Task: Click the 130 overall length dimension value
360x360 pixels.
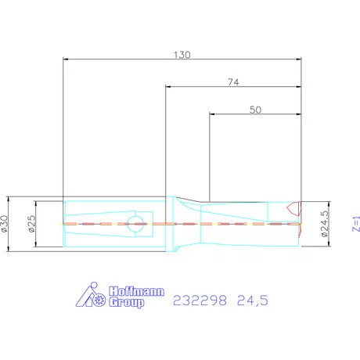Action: pyautogui.click(x=182, y=55)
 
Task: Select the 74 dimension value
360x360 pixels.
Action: pyautogui.click(x=233, y=82)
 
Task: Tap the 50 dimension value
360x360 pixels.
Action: pyautogui.click(x=255, y=110)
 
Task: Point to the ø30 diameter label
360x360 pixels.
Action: pyautogui.click(x=5, y=224)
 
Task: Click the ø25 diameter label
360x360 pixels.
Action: pyautogui.click(x=31, y=224)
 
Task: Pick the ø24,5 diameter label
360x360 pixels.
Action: pyautogui.click(x=325, y=224)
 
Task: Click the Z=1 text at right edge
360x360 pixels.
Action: pyautogui.click(x=356, y=224)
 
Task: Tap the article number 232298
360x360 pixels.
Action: pyautogui.click(x=200, y=301)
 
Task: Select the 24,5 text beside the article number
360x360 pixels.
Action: pyautogui.click(x=253, y=301)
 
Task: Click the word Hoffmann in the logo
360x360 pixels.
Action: pyautogui.click(x=137, y=291)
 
